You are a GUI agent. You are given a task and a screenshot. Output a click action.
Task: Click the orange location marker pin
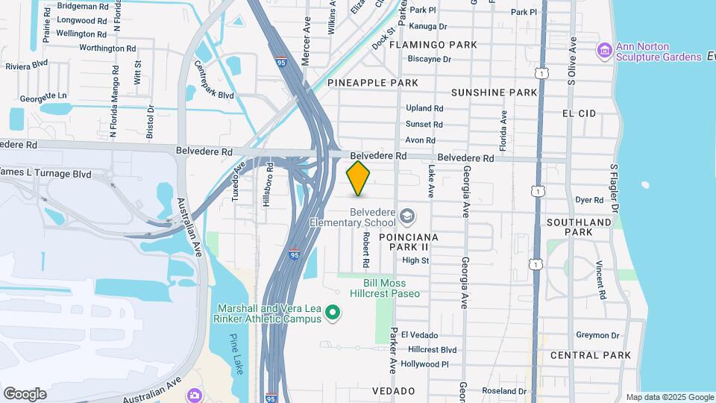(359, 178)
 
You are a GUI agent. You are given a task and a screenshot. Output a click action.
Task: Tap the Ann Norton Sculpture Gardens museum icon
(604, 50)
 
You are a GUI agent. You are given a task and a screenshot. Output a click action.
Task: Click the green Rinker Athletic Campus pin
(333, 313)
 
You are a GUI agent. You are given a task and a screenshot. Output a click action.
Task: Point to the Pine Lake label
(237, 349)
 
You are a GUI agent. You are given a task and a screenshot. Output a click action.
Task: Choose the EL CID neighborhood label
(580, 113)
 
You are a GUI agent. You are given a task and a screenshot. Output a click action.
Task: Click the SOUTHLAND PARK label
(579, 227)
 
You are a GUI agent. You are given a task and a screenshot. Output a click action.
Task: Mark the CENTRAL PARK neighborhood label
(591, 355)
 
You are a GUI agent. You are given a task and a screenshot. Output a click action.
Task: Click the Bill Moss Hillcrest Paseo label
(391, 288)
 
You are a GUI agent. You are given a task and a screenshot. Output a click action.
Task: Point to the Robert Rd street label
(366, 250)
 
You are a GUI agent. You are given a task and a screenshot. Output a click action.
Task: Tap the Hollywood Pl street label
(424, 364)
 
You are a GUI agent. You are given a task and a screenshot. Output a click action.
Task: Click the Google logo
(25, 394)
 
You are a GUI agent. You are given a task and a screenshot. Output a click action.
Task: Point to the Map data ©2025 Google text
(669, 397)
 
